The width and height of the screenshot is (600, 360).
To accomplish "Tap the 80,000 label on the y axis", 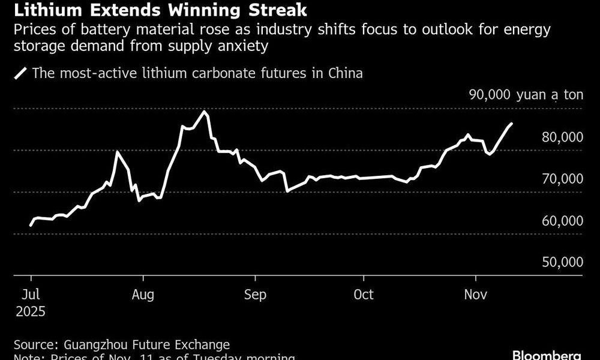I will pyautogui.click(x=562, y=137).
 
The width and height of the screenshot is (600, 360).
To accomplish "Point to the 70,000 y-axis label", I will pyautogui.click(x=562, y=179).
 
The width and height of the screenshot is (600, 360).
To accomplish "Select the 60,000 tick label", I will pyautogui.click(x=562, y=221).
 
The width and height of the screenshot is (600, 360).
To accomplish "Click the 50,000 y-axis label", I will pyautogui.click(x=562, y=263).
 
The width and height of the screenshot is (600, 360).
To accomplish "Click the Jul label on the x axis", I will pyautogui.click(x=31, y=295).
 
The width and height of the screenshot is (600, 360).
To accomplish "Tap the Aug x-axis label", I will pyautogui.click(x=143, y=295).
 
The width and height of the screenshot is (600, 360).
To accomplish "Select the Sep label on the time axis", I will pyautogui.click(x=255, y=295).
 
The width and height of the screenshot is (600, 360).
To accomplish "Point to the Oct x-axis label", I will pyautogui.click(x=363, y=295).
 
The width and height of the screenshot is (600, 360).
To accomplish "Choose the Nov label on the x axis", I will pyautogui.click(x=476, y=295).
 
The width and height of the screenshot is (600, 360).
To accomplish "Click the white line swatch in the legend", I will pyautogui.click(x=21, y=74).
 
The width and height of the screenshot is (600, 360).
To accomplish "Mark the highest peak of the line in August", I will pyautogui.click(x=205, y=112).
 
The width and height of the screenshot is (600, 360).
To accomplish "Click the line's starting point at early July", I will pyautogui.click(x=31, y=225).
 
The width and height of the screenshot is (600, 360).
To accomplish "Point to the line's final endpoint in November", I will pyautogui.click(x=511, y=124).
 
